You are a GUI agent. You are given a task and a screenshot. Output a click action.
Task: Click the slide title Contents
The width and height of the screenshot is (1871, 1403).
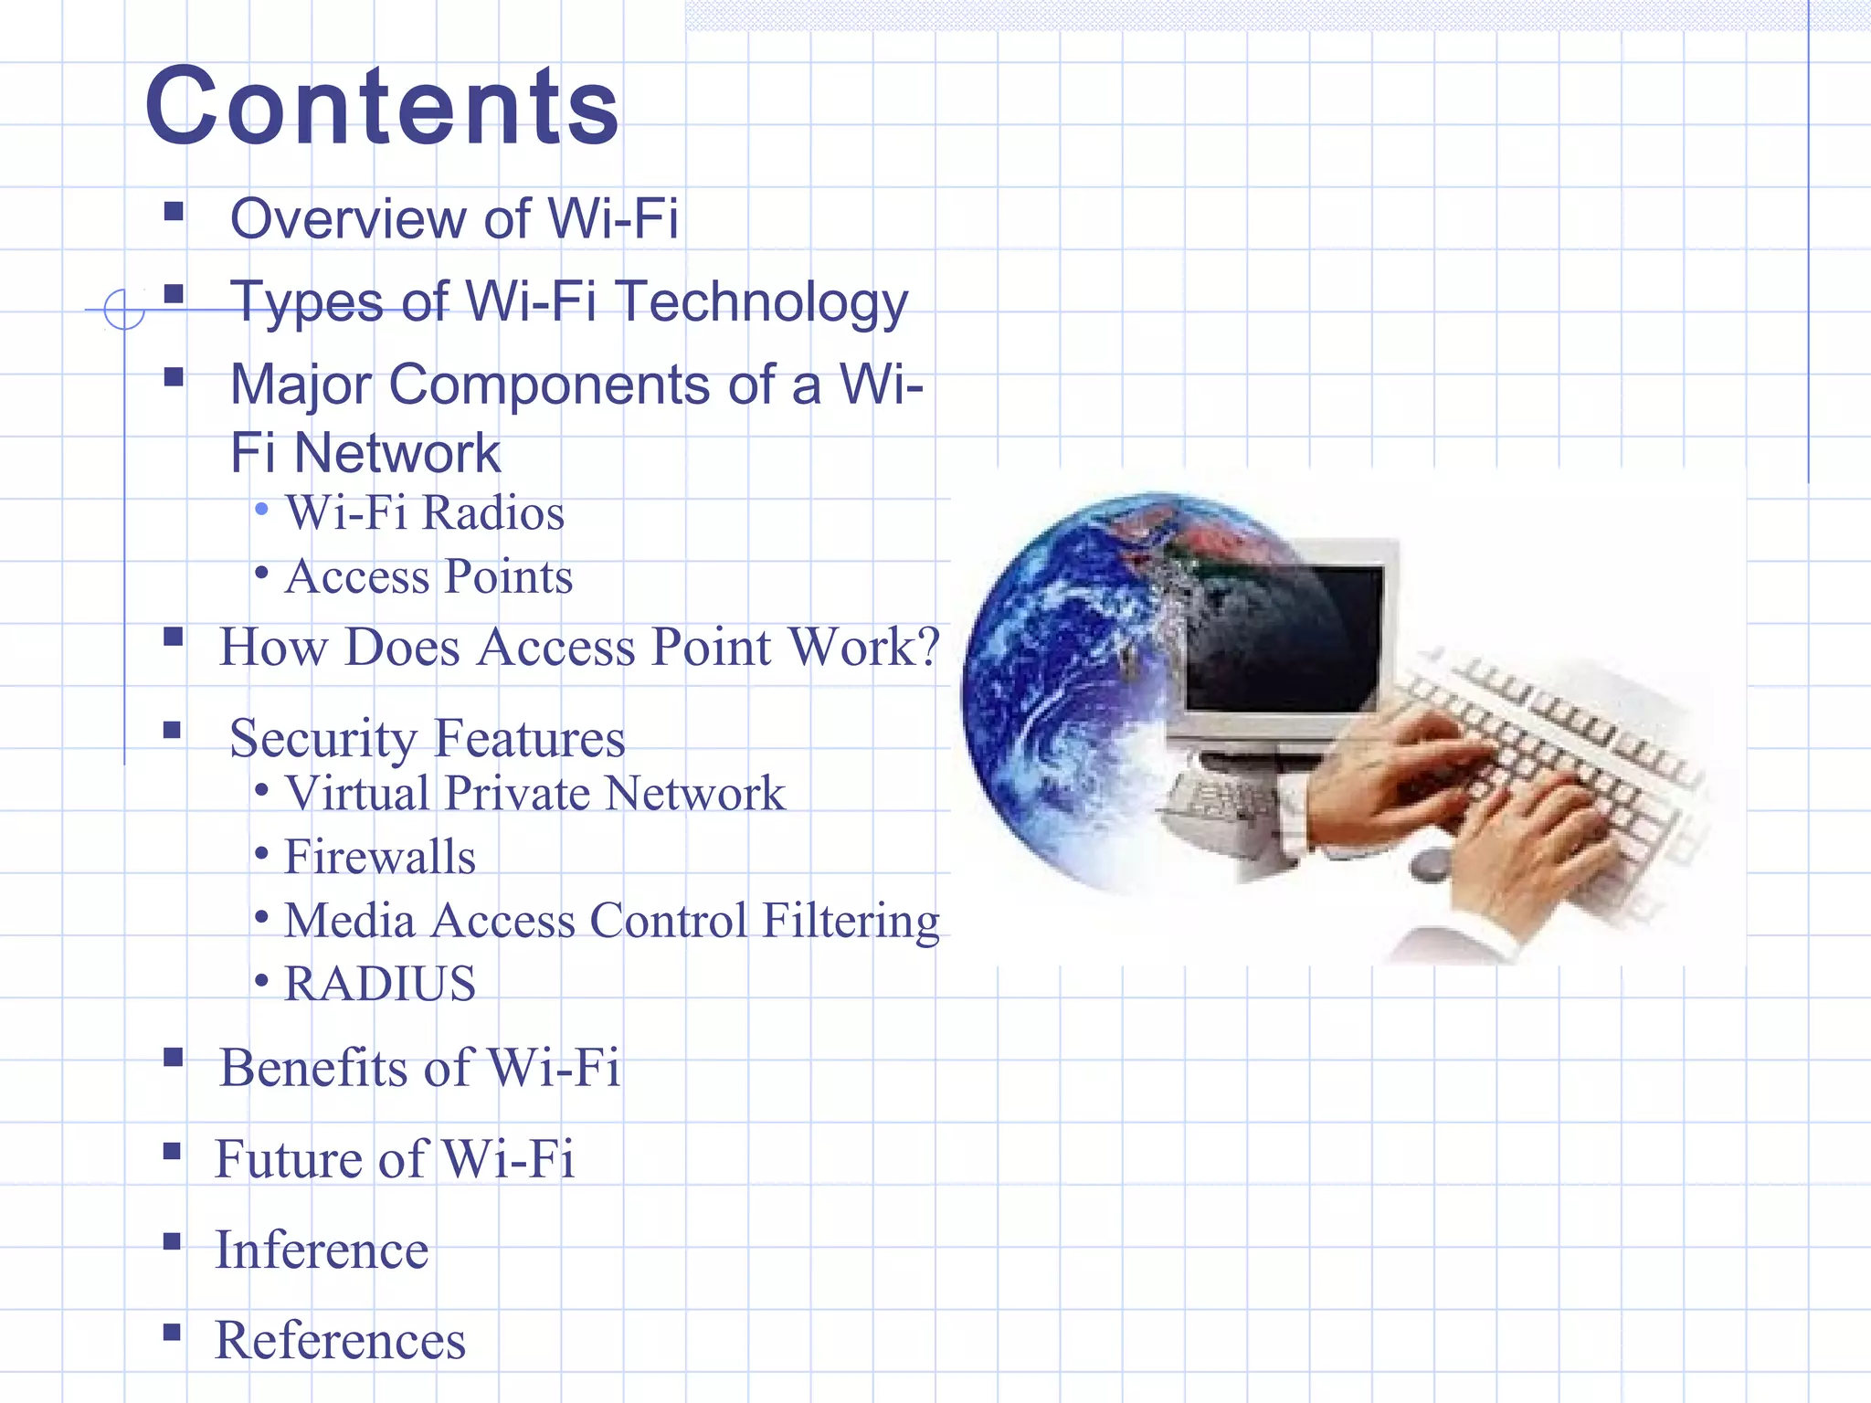coord(382,106)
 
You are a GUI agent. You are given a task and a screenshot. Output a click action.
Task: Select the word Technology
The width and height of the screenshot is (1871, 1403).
coord(762,301)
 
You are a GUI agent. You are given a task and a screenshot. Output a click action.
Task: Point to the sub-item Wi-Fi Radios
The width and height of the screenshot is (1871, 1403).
coord(425,512)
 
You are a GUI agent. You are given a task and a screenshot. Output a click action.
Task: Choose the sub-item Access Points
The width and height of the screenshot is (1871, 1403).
coord(428,576)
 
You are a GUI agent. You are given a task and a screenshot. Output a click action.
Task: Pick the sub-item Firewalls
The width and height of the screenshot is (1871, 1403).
coord(380,857)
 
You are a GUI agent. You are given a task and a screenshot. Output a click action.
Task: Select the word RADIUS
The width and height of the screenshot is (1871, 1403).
coord(380,984)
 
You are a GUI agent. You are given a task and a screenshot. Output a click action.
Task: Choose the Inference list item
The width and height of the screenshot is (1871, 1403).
coord(322,1250)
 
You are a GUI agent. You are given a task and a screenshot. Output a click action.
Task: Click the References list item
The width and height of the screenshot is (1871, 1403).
coord(340,1340)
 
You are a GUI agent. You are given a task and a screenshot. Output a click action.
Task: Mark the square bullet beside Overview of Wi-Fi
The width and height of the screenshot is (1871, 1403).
coord(174,213)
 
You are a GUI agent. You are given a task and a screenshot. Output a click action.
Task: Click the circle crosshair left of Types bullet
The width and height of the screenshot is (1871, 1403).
coord(124,309)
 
